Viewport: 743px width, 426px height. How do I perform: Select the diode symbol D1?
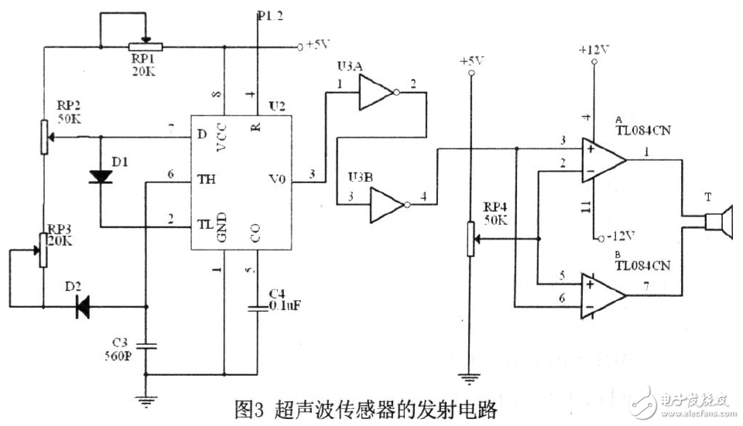tap(101, 176)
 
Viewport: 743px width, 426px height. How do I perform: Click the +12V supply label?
tap(594, 50)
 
